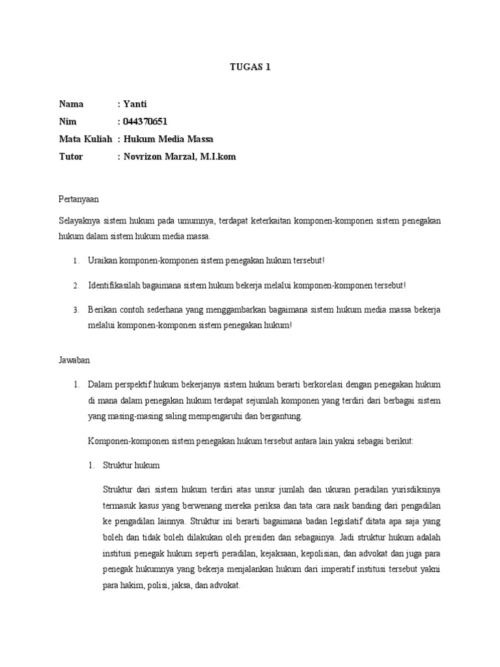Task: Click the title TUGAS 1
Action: (x=249, y=66)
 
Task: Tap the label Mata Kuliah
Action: (x=85, y=139)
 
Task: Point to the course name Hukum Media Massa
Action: (x=168, y=139)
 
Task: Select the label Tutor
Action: (x=71, y=157)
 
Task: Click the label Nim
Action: (x=68, y=121)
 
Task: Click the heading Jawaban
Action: (x=75, y=359)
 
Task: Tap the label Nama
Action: (x=71, y=104)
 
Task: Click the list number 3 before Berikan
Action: (x=76, y=309)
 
